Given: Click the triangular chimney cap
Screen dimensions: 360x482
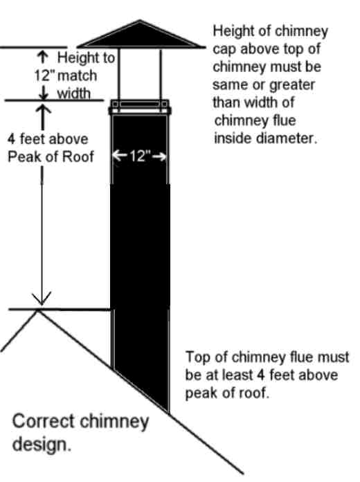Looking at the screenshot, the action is click(x=140, y=35).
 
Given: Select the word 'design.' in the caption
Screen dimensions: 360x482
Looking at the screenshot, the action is click(x=42, y=445).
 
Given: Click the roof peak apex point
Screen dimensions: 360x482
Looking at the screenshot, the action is click(x=38, y=310).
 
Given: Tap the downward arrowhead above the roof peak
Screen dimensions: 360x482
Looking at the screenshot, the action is click(x=42, y=298).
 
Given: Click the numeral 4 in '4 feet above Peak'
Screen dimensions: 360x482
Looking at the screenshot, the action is click(x=11, y=139).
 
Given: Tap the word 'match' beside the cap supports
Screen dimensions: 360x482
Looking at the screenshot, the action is click(x=77, y=75).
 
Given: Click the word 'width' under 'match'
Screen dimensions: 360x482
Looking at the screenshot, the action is click(x=73, y=93).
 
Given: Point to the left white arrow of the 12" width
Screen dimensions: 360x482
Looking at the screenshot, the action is click(x=120, y=155).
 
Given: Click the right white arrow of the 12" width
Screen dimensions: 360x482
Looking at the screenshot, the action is click(x=159, y=157).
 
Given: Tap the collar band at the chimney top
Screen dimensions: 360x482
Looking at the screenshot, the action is click(x=140, y=107).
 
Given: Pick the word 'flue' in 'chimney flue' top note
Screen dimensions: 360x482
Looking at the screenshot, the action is click(x=282, y=120).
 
